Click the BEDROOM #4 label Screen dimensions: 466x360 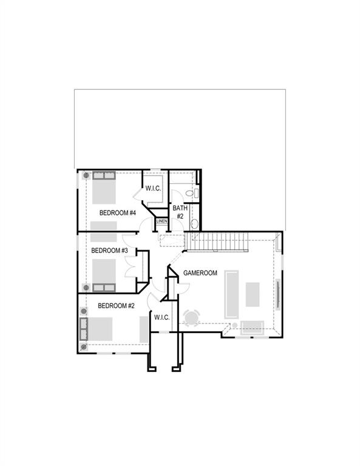117,213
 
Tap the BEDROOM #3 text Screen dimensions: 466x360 109,250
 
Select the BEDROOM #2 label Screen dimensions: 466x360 116,306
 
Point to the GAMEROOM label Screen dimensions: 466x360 200,273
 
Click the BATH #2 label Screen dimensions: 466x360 180,212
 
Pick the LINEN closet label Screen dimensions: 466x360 161,221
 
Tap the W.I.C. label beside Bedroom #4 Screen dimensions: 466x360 153,189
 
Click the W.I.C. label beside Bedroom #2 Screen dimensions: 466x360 161,317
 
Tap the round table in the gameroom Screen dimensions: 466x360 191,318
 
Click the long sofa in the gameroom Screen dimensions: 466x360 231,294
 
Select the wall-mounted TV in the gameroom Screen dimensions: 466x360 279,294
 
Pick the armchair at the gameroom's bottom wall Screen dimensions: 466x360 251,328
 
